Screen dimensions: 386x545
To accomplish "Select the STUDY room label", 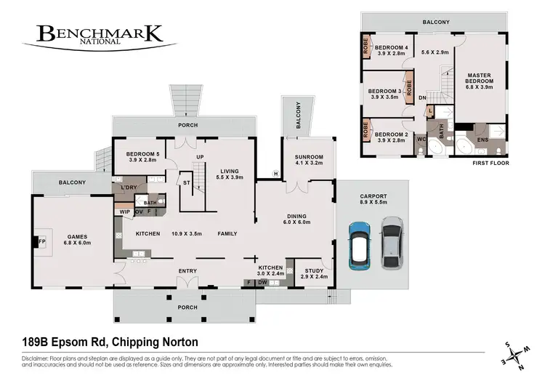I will pos(313,274).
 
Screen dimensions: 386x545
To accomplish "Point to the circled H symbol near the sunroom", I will pos(275,173).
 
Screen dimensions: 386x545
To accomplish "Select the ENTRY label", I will pos(188,271).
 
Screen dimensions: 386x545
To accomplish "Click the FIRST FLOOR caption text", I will pos(490,164).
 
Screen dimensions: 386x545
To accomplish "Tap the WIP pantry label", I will pos(124,212).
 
